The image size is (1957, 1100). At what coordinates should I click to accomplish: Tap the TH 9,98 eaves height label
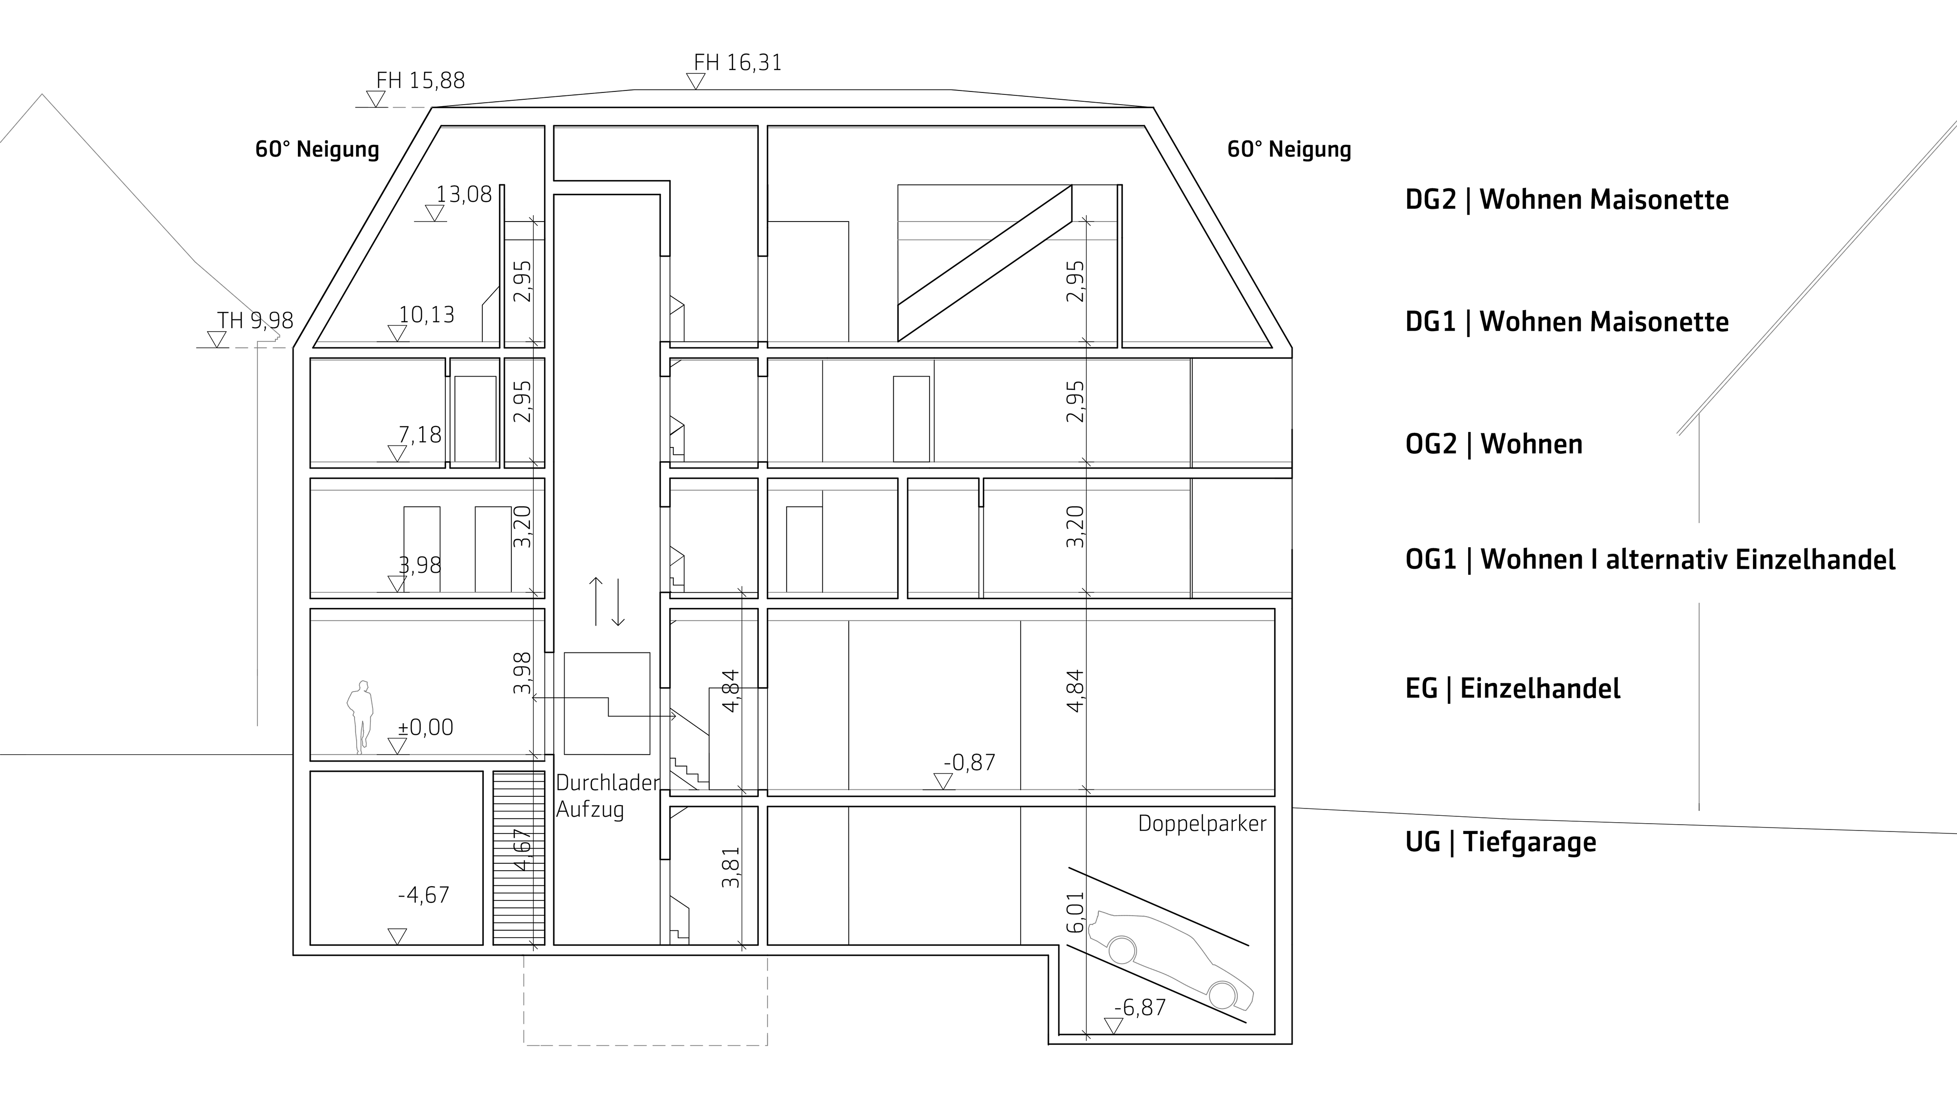point(255,320)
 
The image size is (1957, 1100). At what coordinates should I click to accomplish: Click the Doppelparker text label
point(1202,824)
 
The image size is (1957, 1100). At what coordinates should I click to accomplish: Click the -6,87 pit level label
point(1139,1008)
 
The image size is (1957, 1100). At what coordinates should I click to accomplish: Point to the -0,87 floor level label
point(969,762)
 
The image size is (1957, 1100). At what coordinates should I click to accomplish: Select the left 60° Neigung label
point(317,149)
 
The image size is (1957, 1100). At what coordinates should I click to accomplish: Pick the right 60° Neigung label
point(1289,149)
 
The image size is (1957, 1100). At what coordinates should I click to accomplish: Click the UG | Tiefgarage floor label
point(1501,842)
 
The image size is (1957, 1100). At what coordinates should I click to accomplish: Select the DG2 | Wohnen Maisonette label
point(1567,200)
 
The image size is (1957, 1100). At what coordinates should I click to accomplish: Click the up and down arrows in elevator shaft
point(607,601)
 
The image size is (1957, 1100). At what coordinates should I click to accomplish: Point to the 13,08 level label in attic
point(463,195)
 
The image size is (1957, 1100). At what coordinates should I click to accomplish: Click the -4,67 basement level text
point(423,895)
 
